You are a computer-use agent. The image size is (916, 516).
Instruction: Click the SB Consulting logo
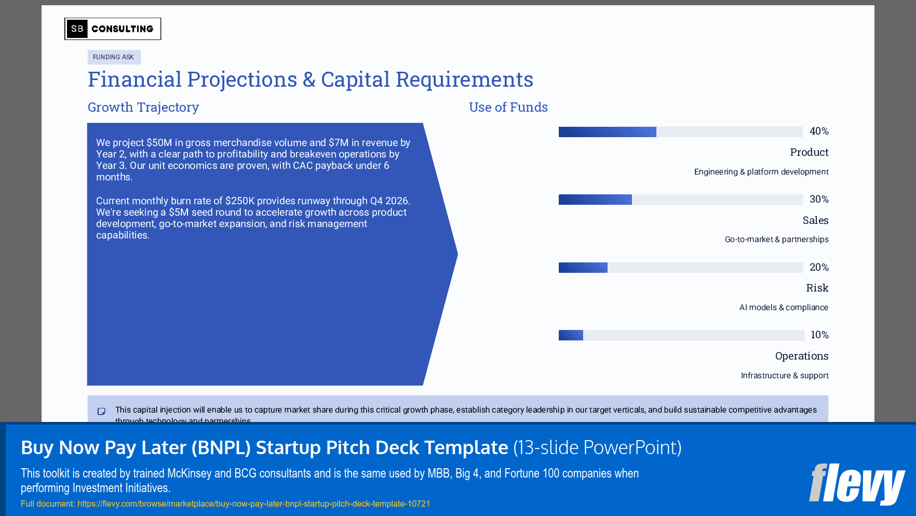coord(113,29)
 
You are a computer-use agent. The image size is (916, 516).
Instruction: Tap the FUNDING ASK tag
coord(114,57)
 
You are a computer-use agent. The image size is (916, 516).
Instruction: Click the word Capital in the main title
coord(355,80)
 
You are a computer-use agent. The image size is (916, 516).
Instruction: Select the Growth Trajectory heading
coord(143,107)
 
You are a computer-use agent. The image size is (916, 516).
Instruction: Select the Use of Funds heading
coord(508,107)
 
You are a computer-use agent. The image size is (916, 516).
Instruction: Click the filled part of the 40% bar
coord(607,132)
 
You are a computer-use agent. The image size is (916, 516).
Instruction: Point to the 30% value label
coord(818,200)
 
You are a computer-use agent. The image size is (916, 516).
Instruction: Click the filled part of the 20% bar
coord(583,268)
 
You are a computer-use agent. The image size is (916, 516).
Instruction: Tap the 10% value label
coord(819,335)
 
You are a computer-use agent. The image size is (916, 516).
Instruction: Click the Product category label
coord(809,152)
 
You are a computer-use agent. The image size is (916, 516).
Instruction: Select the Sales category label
coord(815,220)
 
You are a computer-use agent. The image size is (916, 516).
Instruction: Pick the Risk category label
coord(817,288)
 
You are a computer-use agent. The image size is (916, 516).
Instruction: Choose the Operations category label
coord(801,356)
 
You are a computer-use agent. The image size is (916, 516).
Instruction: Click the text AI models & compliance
coord(783,308)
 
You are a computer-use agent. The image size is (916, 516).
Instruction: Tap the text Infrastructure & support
coord(784,376)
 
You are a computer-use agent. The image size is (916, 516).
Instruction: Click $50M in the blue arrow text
coord(159,143)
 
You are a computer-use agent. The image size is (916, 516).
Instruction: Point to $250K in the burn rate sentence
coord(239,201)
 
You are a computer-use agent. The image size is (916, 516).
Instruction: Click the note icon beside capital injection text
coord(102,412)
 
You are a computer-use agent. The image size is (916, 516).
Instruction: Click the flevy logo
coord(856,484)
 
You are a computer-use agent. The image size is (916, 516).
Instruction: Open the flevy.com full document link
coord(253,504)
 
